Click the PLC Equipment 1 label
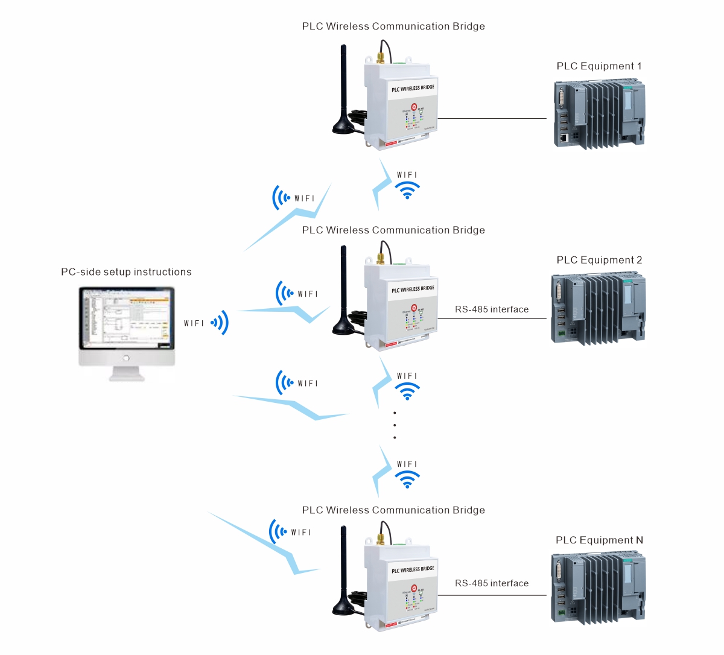[x=599, y=66]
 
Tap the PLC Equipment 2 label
[x=599, y=261]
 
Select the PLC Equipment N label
[x=599, y=540]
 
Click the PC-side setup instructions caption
[x=126, y=272]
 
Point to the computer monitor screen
[x=127, y=318]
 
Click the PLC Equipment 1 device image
[x=599, y=115]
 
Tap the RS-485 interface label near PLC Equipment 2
[x=492, y=309]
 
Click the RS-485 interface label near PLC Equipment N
[x=492, y=583]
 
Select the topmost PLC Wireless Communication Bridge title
[x=393, y=27]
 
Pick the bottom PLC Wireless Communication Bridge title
[x=393, y=510]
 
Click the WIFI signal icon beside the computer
[x=220, y=323]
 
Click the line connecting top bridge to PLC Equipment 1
[x=492, y=118]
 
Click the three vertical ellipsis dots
[x=395, y=425]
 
